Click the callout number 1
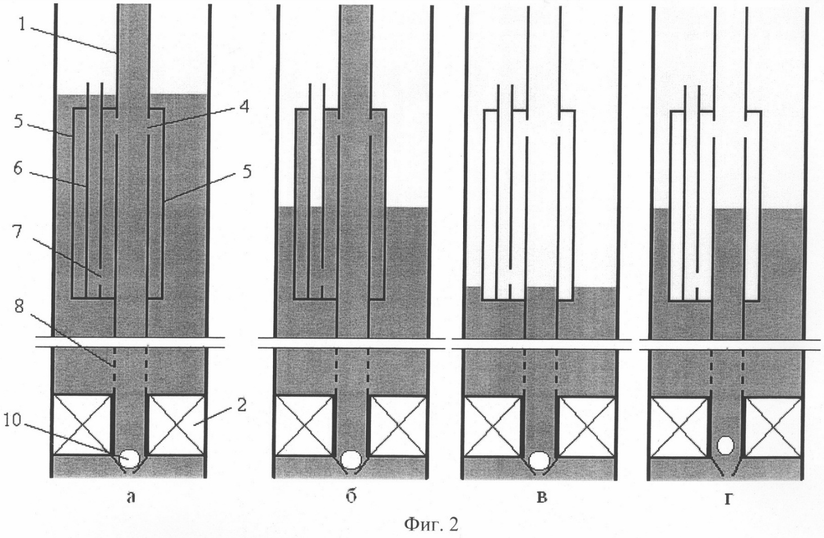click(22, 24)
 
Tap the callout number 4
click(244, 106)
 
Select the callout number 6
click(18, 168)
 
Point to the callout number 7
click(17, 232)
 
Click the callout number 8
click(20, 306)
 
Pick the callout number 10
click(13, 420)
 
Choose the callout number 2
click(241, 405)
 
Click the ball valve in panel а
click(130, 459)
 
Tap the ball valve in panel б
click(351, 460)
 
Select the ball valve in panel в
click(539, 460)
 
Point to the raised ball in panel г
click(726, 445)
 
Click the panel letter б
click(351, 496)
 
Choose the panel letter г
click(728, 499)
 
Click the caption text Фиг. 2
click(432, 524)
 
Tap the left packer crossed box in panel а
click(82, 425)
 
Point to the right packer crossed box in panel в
click(587, 427)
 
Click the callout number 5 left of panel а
click(19, 121)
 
